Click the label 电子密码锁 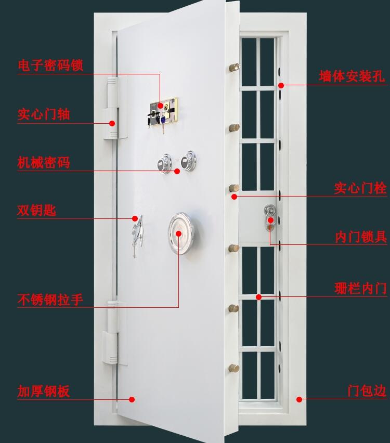click(x=50, y=66)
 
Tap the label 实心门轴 click(x=44, y=114)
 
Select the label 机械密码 click(x=44, y=162)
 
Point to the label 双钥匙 click(x=36, y=211)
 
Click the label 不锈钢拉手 click(x=50, y=299)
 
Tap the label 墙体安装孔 click(x=352, y=76)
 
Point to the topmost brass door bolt click(x=235, y=67)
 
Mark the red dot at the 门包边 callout click(x=299, y=399)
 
